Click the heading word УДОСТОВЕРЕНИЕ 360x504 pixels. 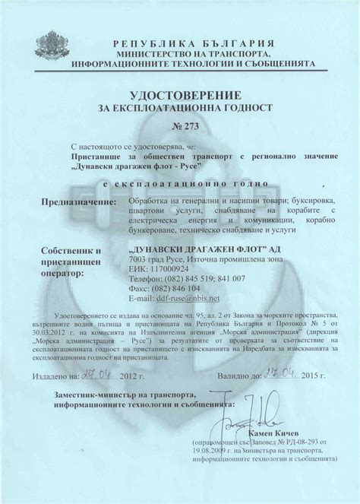179,96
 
